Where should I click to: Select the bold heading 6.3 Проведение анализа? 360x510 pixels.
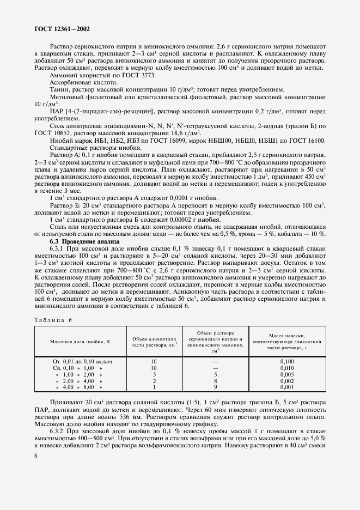82,241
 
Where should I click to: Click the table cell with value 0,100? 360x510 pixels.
286,361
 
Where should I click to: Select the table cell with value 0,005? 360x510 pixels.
286,374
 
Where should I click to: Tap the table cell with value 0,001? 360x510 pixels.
286,387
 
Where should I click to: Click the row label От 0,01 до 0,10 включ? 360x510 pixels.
83,361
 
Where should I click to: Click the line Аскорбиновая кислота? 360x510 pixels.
79,82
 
